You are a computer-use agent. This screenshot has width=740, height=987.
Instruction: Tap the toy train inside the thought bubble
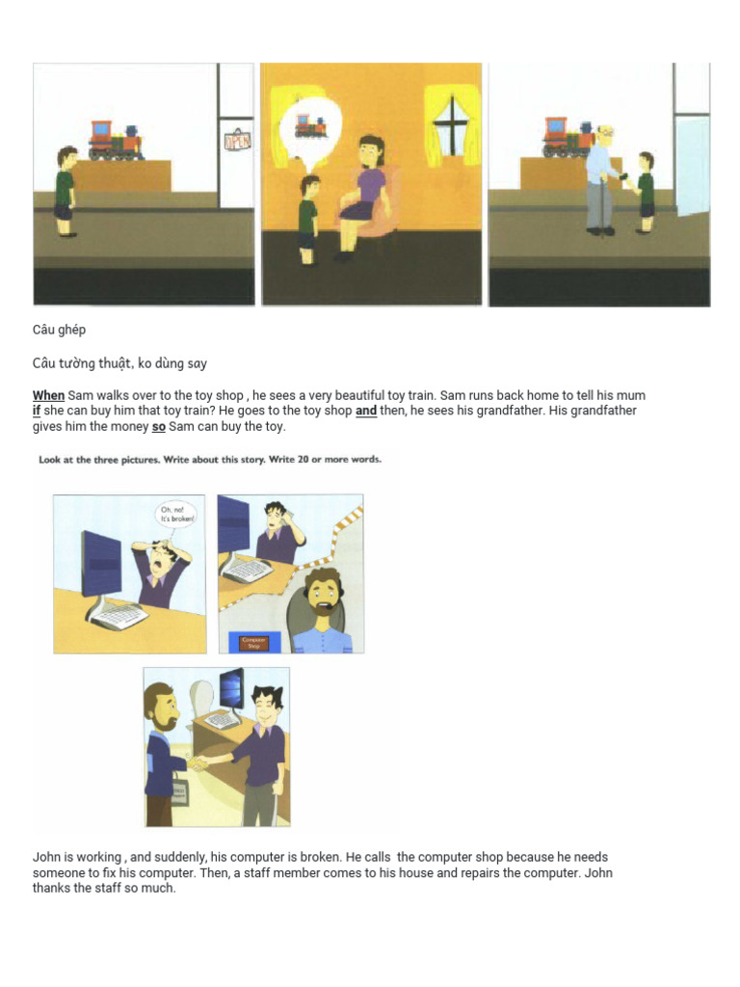click(310, 126)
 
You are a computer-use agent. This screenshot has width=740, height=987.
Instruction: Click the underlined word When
click(48, 395)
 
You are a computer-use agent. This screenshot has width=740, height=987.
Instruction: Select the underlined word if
click(38, 411)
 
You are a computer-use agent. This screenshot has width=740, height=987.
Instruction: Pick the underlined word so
click(159, 426)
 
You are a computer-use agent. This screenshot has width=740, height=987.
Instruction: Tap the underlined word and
click(366, 411)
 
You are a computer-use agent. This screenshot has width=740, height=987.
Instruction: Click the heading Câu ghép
click(60, 330)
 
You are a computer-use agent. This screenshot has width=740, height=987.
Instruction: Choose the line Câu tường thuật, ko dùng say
click(120, 363)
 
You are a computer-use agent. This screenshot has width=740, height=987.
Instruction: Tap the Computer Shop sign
click(253, 642)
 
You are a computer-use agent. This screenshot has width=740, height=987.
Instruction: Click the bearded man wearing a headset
click(321, 607)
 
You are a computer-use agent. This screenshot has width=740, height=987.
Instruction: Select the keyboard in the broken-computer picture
click(118, 610)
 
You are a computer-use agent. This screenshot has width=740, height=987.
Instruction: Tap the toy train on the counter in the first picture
click(115, 141)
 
